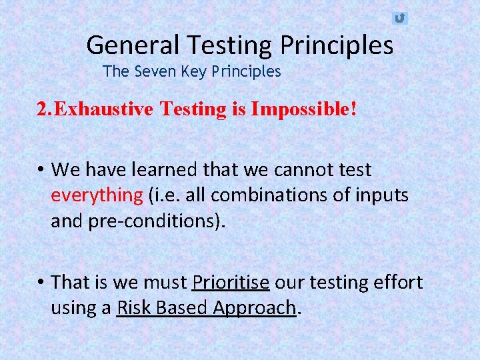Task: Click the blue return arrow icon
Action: coord(399,18)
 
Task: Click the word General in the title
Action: coord(133,45)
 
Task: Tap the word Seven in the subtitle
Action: coord(155,71)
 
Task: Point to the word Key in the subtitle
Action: coord(193,71)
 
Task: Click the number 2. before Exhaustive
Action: coord(43,109)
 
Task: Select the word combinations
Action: coord(251,195)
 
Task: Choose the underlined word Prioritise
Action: coord(231,282)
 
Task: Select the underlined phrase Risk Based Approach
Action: coord(206,307)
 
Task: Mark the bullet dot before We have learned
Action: coord(41,170)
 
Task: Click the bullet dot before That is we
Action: coord(41,282)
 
